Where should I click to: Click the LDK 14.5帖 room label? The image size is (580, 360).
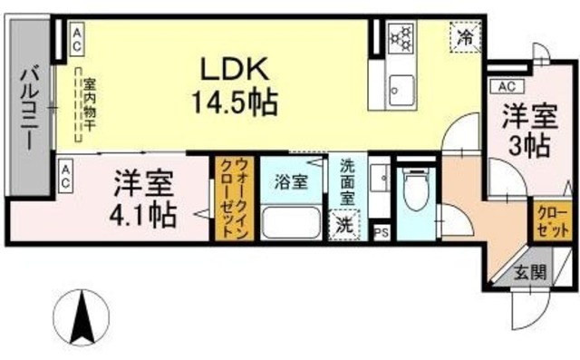[234, 83]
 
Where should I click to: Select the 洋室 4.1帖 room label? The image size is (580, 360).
[144, 199]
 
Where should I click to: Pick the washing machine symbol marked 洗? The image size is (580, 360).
[344, 224]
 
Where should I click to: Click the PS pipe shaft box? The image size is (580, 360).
[381, 233]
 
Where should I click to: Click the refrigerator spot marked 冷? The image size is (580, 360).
[464, 38]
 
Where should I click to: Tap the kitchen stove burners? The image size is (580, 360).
[400, 38]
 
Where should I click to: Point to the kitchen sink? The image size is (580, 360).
[400, 90]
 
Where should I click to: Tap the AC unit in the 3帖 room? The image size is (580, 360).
[507, 86]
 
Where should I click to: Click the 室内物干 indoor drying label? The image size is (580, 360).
[90, 104]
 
